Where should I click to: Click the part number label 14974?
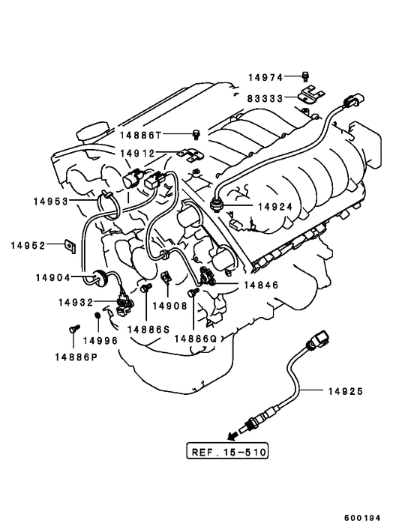pos(265,78)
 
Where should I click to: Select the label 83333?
pos(265,98)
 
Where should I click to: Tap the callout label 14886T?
pos(141,136)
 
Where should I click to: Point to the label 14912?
pos(137,154)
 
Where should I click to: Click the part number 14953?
pos(51,202)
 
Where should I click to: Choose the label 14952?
pos(28,245)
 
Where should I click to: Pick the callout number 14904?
pos(53,278)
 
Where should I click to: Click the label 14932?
pos(76,302)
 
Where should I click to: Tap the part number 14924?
pos(275,207)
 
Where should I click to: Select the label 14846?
pos(261,285)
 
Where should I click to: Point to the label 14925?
pos(346,391)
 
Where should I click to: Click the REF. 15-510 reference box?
pos(227,451)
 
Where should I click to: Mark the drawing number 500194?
pos(362,518)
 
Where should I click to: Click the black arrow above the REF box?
pos(232,435)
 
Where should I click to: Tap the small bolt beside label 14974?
pos(305,77)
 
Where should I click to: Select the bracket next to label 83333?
pos(311,94)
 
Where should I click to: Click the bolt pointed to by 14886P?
pos(74,328)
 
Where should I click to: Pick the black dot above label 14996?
pos(97,315)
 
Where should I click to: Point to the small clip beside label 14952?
pos(70,246)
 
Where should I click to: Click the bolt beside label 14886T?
pos(196,134)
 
